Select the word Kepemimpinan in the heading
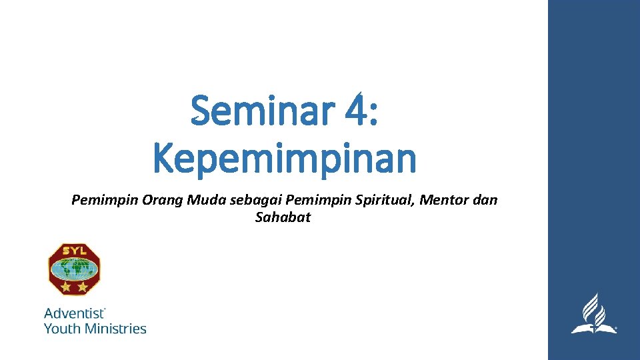pyautogui.click(x=285, y=159)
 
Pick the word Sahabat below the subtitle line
pyautogui.click(x=283, y=217)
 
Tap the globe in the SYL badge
pyautogui.click(x=73, y=269)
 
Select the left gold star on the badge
pyautogui.click(x=66, y=287)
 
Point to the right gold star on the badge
pyautogui.click(x=81, y=287)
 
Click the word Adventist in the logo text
pyautogui.click(x=73, y=313)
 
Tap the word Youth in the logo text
pyautogui.click(x=60, y=328)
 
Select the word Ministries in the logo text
pyautogui.click(x=113, y=328)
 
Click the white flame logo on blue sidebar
pyautogui.click(x=593, y=311)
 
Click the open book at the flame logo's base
pyautogui.click(x=593, y=328)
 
